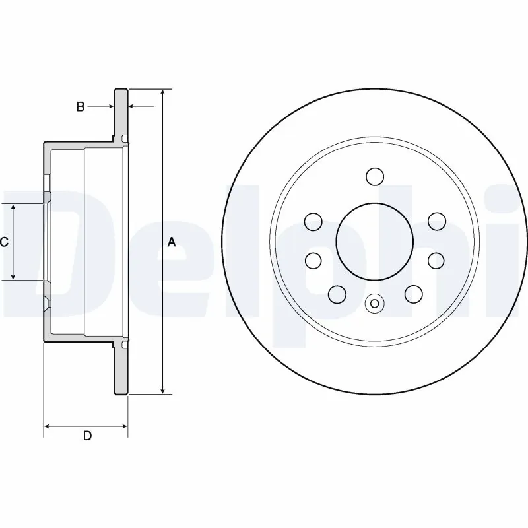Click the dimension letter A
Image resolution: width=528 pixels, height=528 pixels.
point(172,242)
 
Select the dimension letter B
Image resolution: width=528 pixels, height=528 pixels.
point(80,106)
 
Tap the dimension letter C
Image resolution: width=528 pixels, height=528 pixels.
point(4,242)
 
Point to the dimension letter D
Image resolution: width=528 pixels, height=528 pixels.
point(86,436)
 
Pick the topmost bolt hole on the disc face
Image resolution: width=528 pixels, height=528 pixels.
point(374,177)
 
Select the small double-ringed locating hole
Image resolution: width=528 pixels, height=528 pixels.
point(374,304)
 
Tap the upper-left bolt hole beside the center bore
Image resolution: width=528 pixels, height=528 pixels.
point(314,220)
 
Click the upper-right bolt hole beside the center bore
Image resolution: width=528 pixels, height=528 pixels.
point(435,220)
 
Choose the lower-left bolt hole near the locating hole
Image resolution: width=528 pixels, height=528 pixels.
point(337,293)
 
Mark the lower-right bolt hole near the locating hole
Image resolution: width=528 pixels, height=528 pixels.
point(413,293)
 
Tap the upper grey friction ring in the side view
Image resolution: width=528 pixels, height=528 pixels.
point(121,112)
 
